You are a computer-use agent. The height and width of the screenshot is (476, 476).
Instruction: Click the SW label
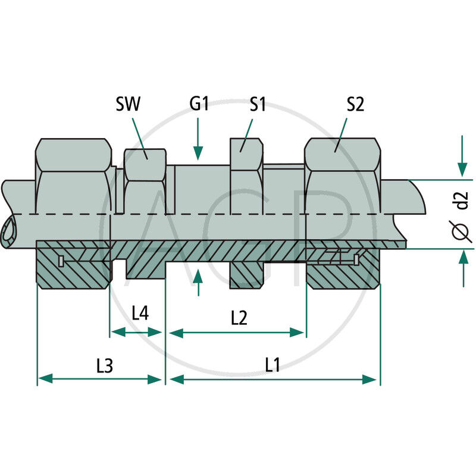(127, 104)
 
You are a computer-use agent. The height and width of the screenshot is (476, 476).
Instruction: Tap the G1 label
(199, 104)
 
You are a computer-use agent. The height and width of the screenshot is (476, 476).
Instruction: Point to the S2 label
(355, 104)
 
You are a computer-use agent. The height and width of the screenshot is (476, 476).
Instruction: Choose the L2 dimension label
(239, 318)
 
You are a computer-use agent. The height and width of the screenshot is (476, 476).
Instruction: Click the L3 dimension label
(104, 365)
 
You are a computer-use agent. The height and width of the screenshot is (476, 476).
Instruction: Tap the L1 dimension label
(273, 365)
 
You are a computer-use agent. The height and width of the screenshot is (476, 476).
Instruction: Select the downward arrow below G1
(198, 143)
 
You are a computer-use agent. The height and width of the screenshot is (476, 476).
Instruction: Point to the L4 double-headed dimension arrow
(136, 332)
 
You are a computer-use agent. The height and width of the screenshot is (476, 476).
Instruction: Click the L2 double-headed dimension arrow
(237, 332)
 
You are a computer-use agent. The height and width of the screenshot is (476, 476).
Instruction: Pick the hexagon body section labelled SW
(145, 178)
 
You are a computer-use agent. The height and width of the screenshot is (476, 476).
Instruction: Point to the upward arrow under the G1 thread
(198, 283)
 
